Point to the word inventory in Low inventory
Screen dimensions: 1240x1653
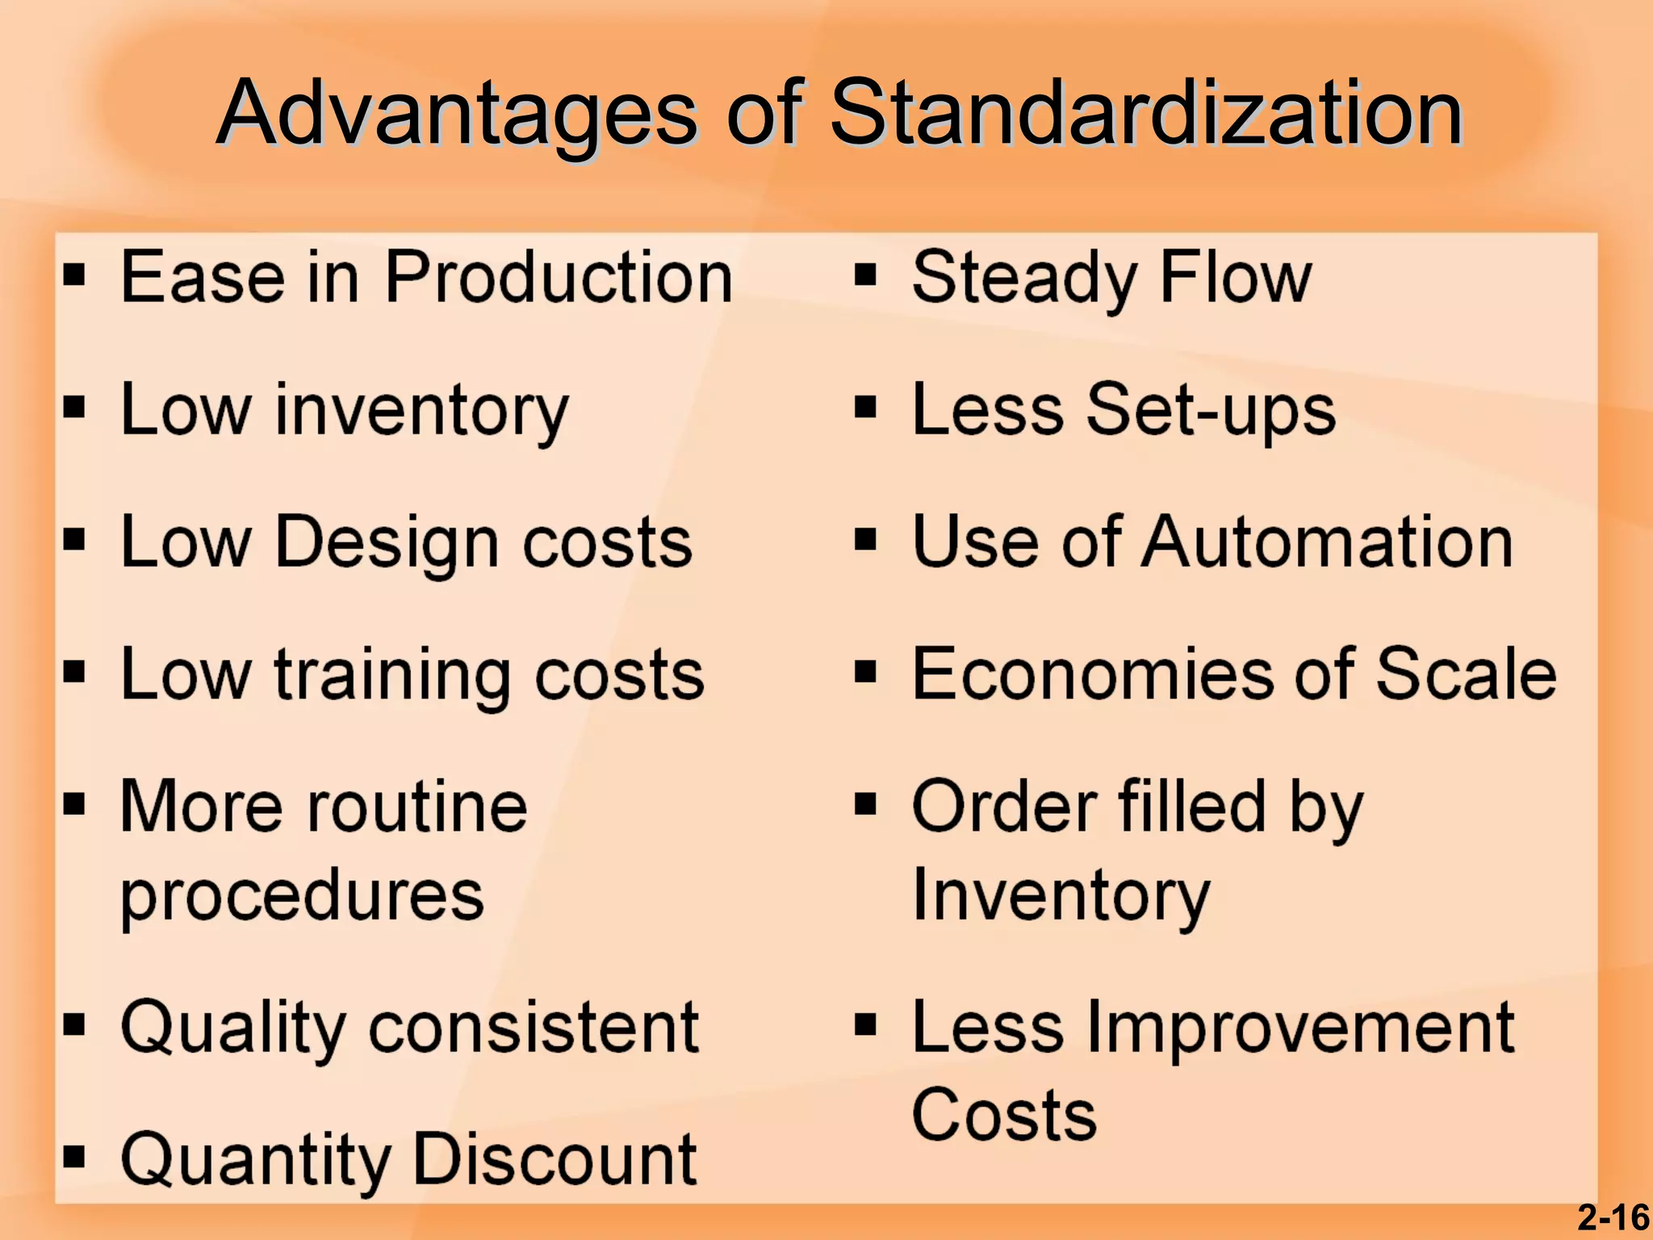(x=421, y=411)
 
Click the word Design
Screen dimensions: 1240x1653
(x=387, y=542)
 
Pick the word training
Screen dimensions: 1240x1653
(x=392, y=676)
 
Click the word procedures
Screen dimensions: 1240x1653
(x=303, y=896)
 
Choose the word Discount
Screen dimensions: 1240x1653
(x=554, y=1159)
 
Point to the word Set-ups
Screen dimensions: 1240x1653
(x=1211, y=410)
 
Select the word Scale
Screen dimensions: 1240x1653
(x=1466, y=674)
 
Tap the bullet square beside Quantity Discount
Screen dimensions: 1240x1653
(x=74, y=1157)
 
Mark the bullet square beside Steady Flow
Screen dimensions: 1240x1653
(x=865, y=275)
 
